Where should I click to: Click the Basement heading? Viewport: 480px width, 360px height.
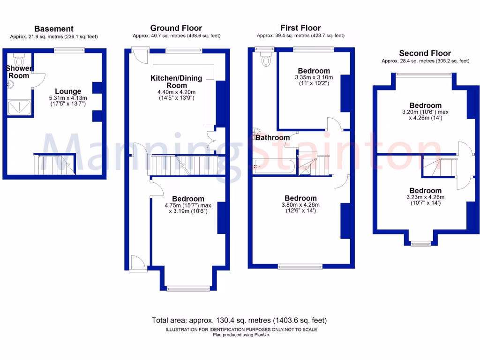click(x=54, y=29)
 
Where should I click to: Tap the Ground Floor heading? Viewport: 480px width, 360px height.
click(x=176, y=28)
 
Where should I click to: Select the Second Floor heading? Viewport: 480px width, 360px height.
click(x=425, y=53)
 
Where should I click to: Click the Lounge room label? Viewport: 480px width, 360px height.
click(x=68, y=91)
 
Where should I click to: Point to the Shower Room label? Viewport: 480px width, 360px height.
click(x=19, y=72)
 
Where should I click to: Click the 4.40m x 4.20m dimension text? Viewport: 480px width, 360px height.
click(x=176, y=92)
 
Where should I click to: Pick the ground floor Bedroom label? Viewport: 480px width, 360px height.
click(x=187, y=199)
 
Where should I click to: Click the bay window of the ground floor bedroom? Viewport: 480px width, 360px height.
click(x=188, y=288)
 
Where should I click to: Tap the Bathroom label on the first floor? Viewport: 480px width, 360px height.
click(x=272, y=138)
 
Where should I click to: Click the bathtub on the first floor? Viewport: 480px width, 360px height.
click(x=274, y=166)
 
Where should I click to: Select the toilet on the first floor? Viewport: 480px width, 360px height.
click(x=267, y=59)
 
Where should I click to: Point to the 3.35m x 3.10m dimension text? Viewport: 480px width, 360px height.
click(x=314, y=78)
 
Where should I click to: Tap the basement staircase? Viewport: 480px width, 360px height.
click(x=54, y=165)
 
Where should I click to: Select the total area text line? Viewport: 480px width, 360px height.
click(x=239, y=321)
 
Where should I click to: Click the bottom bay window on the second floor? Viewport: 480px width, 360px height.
click(x=420, y=243)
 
